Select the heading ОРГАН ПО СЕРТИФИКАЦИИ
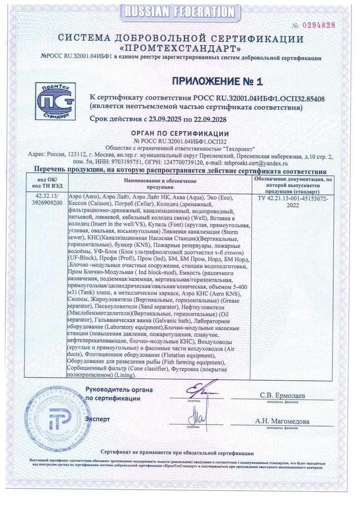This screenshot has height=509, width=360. coord(180,133)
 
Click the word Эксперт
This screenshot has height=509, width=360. coord(97,418)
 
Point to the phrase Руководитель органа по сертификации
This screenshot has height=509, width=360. coord(119,393)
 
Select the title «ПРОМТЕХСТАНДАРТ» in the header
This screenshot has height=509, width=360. coord(180,49)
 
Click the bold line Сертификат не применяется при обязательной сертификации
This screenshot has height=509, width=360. coord(177,453)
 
